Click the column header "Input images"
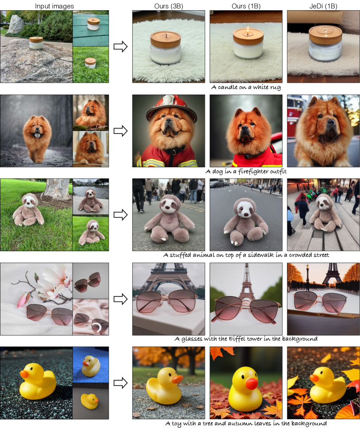click(54, 6)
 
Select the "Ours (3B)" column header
click(169, 6)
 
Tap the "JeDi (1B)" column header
click(323, 6)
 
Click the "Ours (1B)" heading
click(246, 6)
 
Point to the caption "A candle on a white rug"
click(246, 88)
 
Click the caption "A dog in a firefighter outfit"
click(246, 172)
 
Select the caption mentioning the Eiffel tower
click(246, 339)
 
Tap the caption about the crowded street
click(246, 255)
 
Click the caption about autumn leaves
click(246, 423)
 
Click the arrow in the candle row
click(120, 46)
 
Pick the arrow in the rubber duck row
click(120, 382)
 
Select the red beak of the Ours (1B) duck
click(252, 384)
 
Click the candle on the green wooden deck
click(93, 24)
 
